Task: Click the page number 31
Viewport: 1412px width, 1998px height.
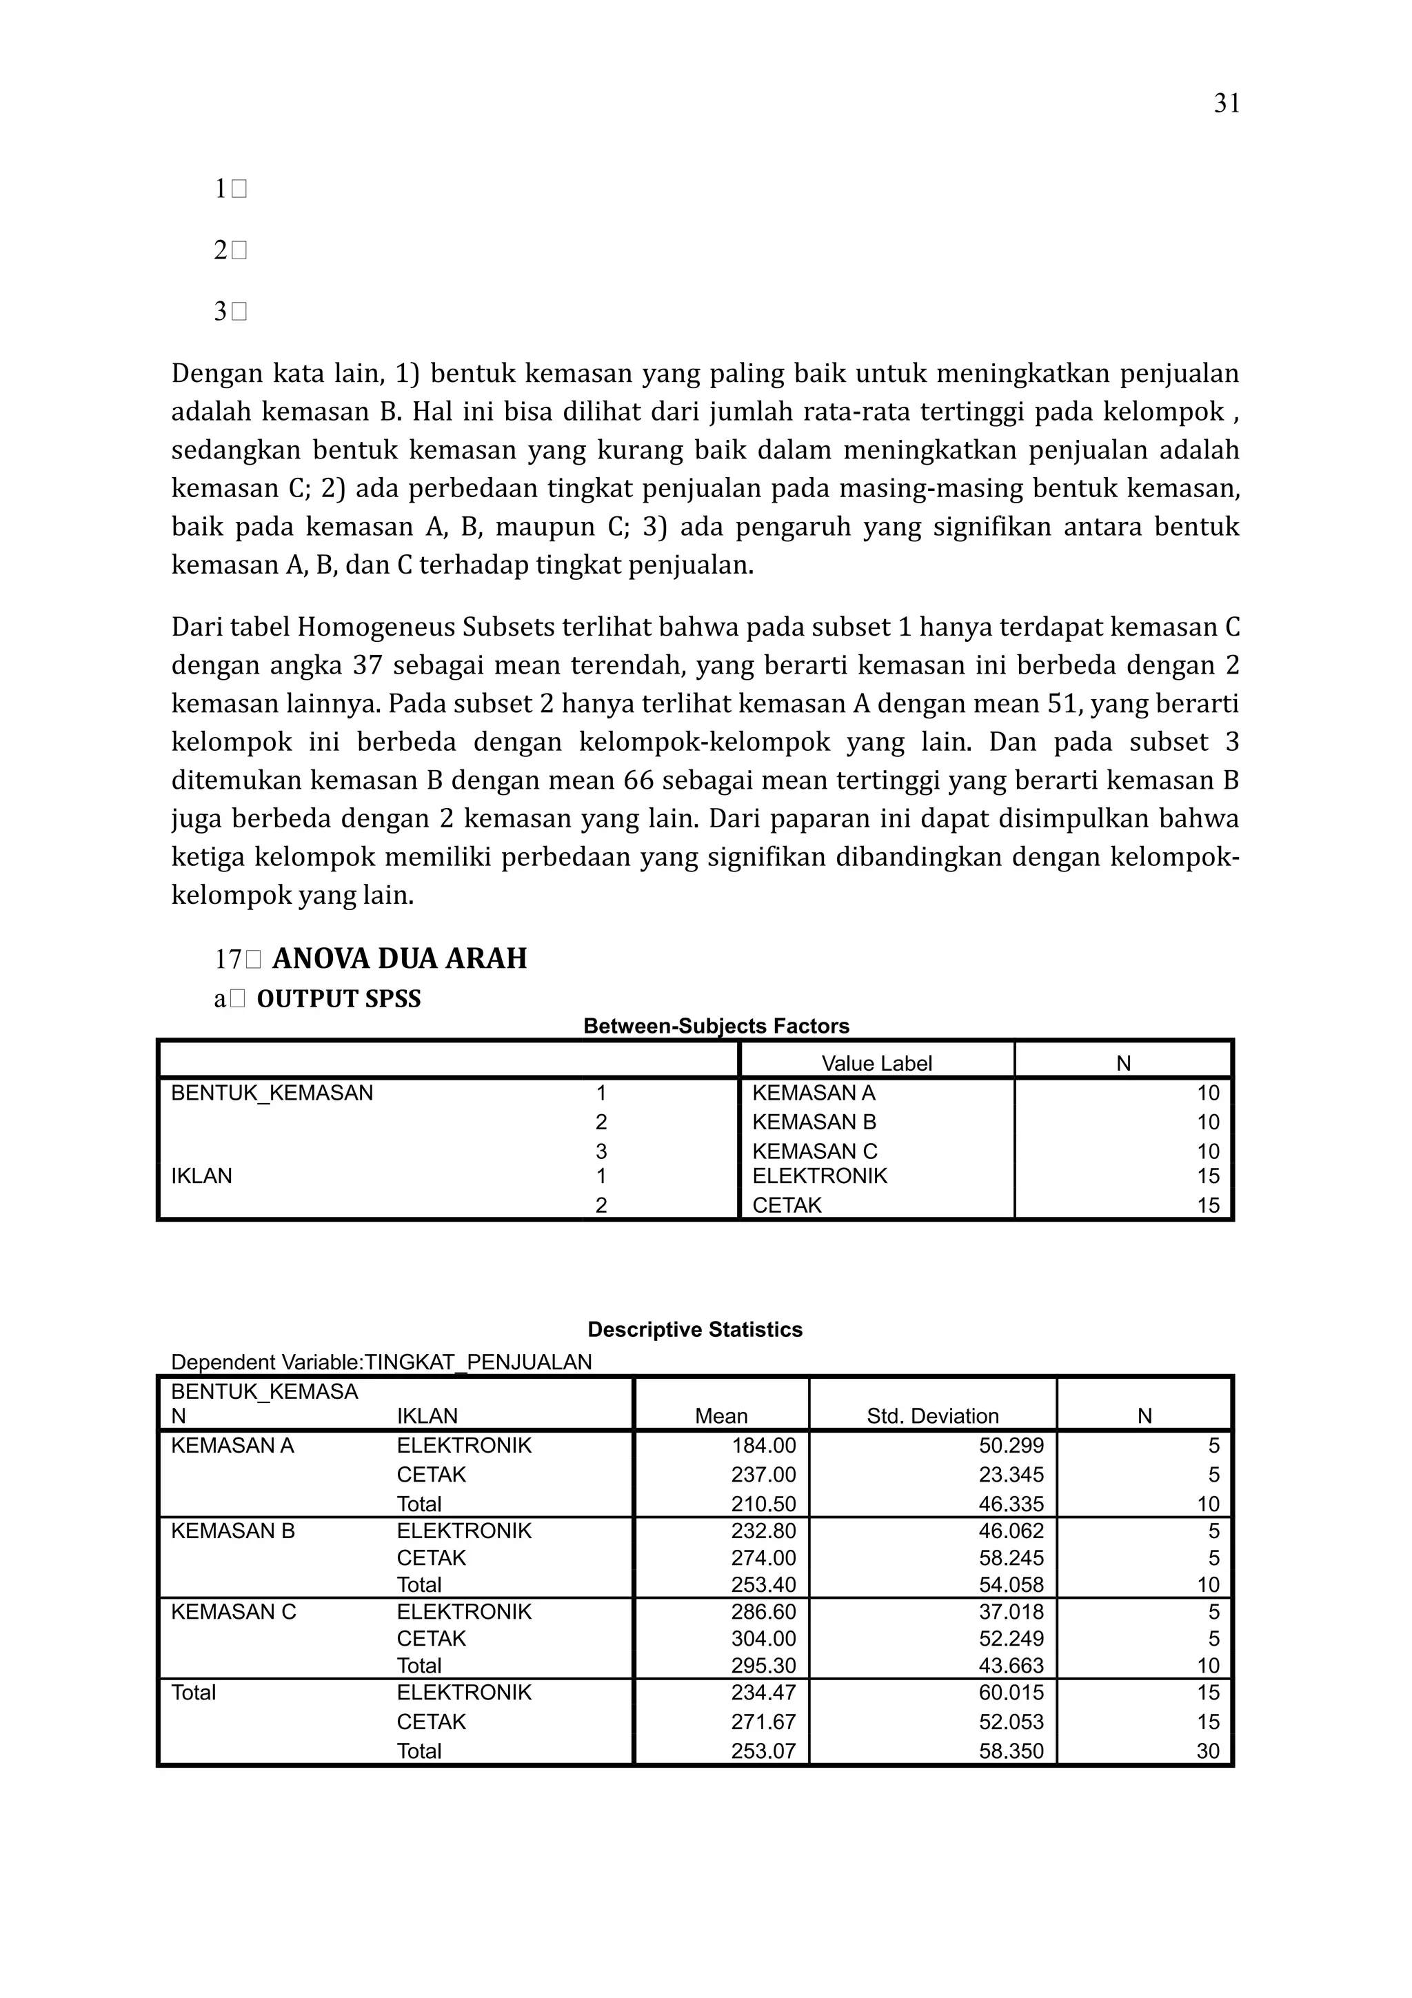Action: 1226,103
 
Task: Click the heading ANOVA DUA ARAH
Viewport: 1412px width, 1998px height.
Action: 399,958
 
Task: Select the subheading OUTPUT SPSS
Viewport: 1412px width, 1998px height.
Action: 339,998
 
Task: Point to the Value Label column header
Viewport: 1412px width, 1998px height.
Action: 876,1063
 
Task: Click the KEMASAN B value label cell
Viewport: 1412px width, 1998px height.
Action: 814,1122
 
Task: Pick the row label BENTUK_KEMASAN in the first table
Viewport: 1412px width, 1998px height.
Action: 272,1093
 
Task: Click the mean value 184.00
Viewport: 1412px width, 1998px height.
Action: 763,1446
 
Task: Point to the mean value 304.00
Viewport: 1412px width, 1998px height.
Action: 763,1639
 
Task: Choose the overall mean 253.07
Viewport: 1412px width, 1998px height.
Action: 763,1751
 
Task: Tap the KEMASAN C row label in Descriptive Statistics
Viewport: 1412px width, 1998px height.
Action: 233,1612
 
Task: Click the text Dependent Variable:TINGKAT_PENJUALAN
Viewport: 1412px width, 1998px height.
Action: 381,1362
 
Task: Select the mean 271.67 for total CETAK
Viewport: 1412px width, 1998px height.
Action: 763,1722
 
